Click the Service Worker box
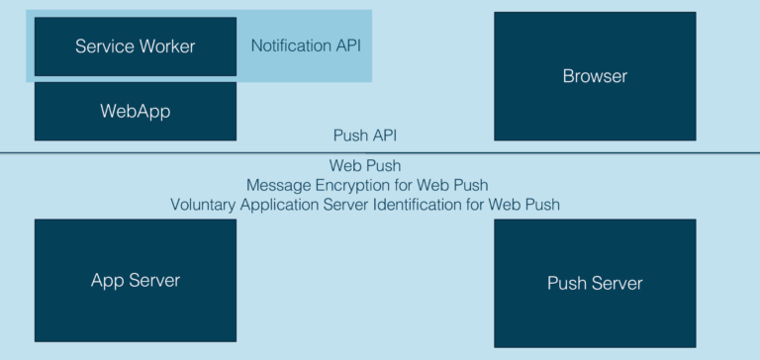click(x=136, y=46)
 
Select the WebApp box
click(x=136, y=111)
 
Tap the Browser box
click(x=595, y=76)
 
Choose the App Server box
click(x=136, y=280)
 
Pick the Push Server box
click(x=595, y=283)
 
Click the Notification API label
click(x=304, y=45)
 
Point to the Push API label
click(x=365, y=135)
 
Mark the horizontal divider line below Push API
click(x=380, y=152)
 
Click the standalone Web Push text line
click(x=365, y=165)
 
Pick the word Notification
click(x=290, y=45)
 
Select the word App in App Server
click(x=107, y=281)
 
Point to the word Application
click(x=285, y=205)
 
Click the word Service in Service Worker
click(x=103, y=46)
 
